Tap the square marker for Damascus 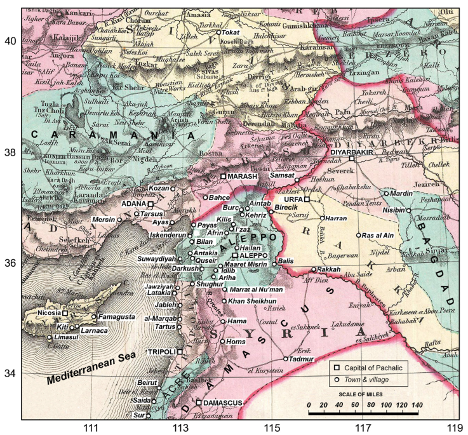tap(199, 403)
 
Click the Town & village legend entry tap(375, 379)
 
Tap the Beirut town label tap(147, 383)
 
